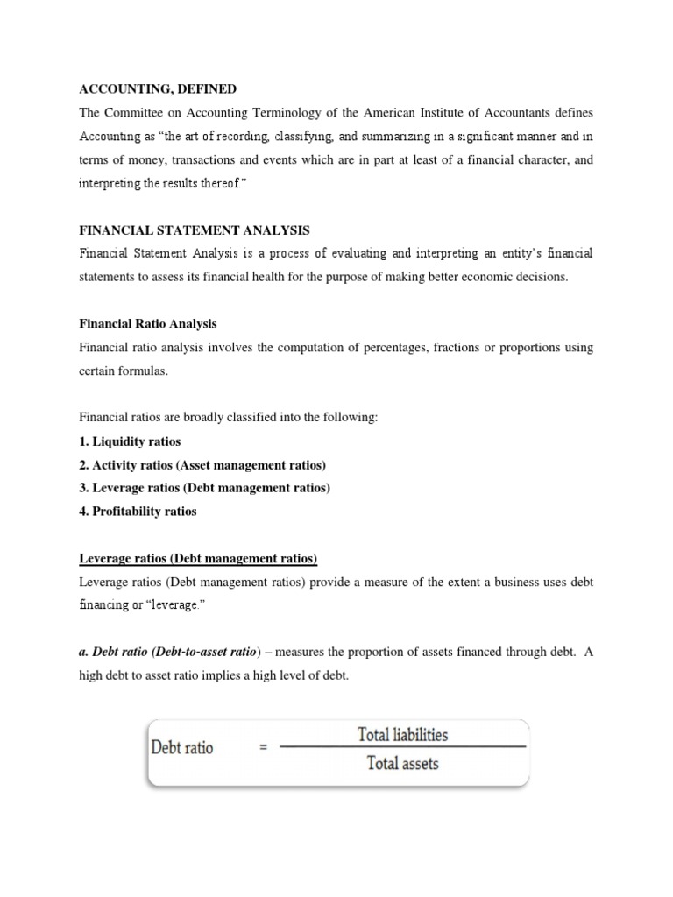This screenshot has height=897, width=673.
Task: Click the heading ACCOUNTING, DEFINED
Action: click(x=158, y=89)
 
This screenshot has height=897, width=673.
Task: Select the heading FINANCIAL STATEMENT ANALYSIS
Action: click(x=194, y=230)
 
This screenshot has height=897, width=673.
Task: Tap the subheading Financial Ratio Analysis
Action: click(x=148, y=324)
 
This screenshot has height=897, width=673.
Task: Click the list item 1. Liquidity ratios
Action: click(x=130, y=441)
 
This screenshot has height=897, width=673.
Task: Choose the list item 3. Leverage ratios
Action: click(x=204, y=488)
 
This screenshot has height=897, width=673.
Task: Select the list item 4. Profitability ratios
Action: click(x=138, y=512)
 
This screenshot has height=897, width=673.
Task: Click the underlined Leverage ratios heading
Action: click(x=198, y=558)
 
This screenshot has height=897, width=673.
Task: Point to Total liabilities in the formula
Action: click(x=403, y=735)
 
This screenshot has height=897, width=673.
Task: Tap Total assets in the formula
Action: click(x=403, y=763)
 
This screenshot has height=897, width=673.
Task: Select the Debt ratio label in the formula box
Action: click(x=182, y=749)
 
